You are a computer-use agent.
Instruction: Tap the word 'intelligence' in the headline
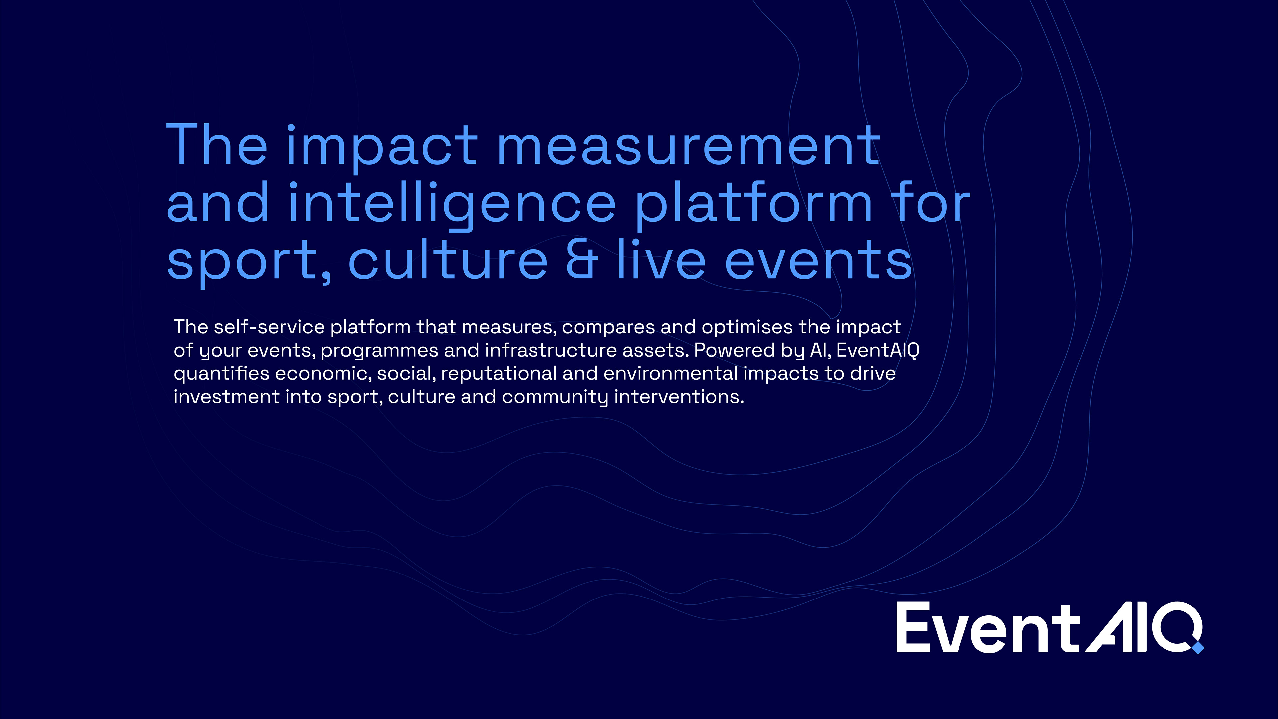452,203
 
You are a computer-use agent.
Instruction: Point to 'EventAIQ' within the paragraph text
878,350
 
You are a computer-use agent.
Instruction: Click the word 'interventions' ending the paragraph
679,397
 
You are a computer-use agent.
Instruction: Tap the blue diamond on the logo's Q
1198,647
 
